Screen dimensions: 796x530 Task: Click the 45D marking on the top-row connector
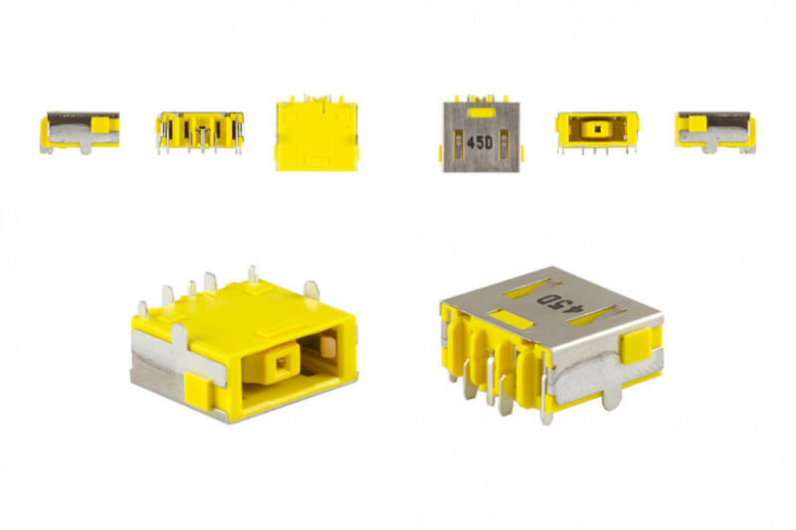click(480, 143)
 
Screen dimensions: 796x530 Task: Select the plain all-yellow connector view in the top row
click(316, 133)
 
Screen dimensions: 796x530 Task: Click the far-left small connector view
click(80, 133)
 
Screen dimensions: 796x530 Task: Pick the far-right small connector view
click(715, 132)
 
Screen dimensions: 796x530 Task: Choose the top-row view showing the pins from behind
click(200, 133)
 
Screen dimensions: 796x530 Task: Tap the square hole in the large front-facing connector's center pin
click(280, 363)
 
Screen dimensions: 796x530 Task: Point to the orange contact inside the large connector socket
click(328, 344)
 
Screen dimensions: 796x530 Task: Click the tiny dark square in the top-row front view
click(597, 129)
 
